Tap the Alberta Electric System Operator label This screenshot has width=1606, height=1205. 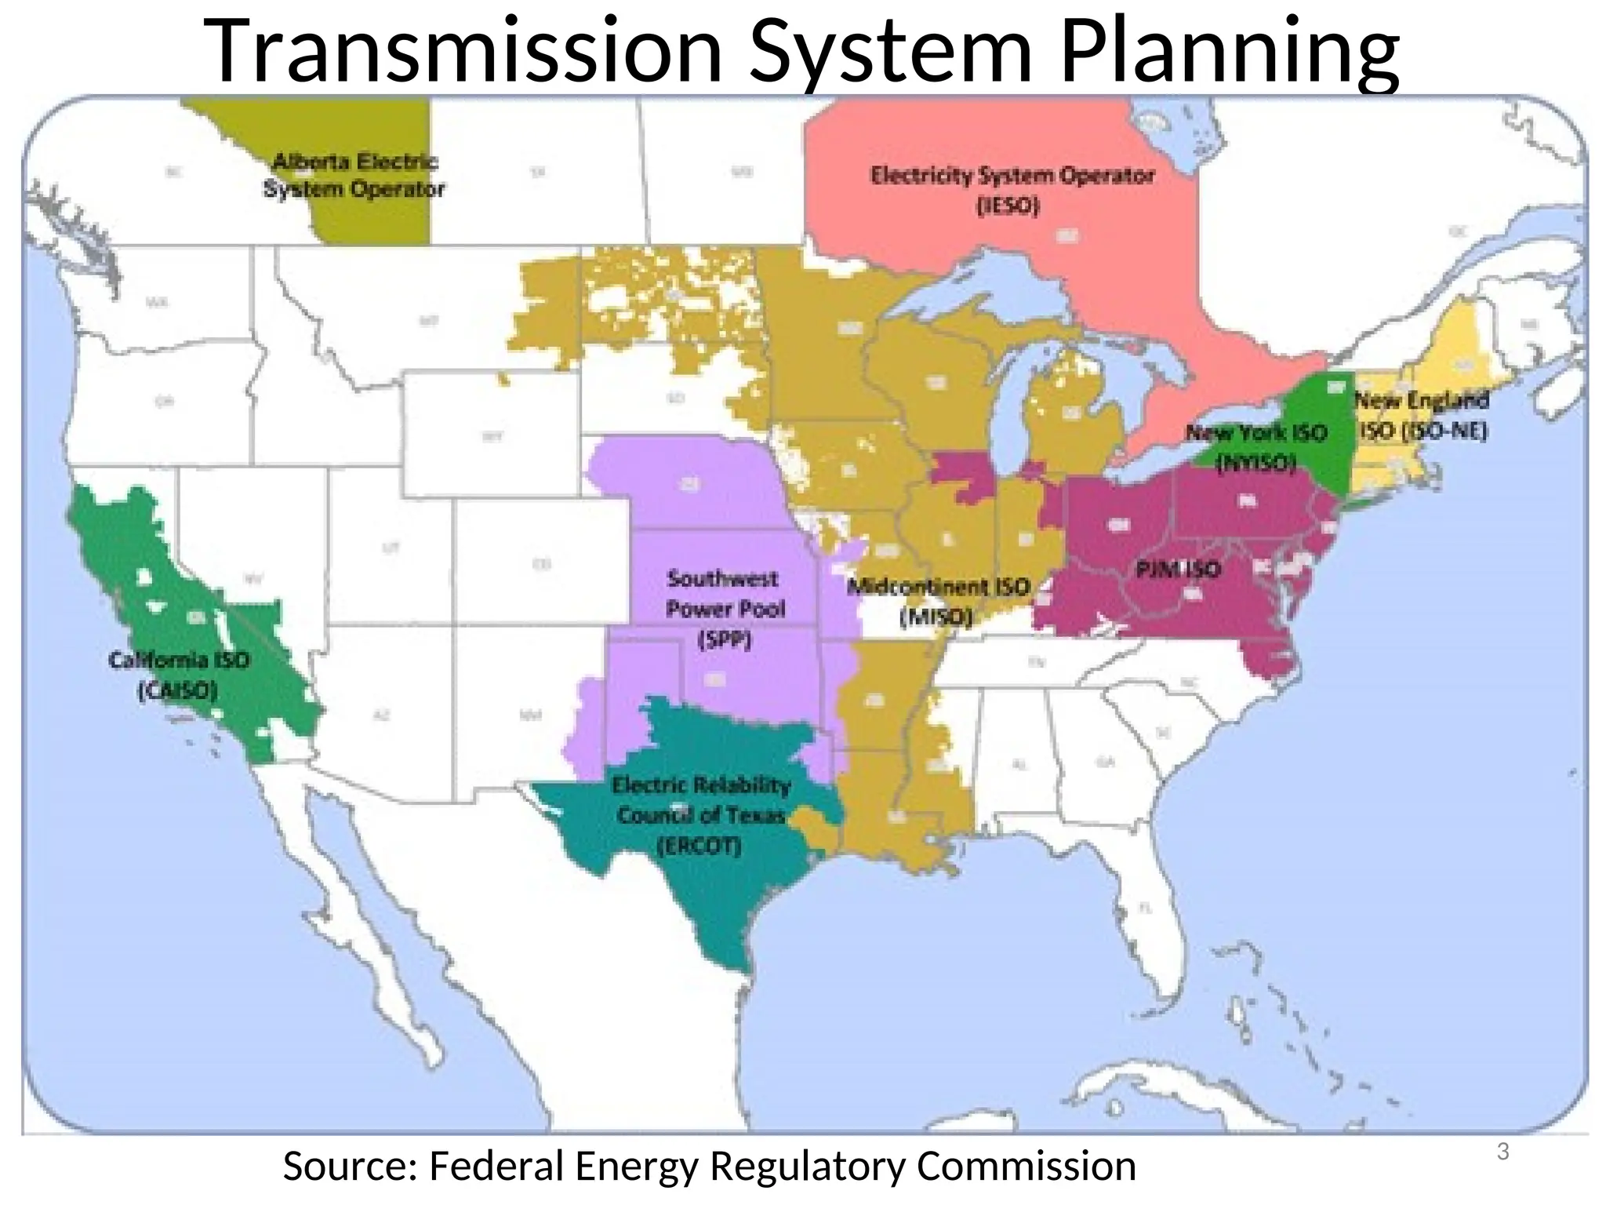(354, 176)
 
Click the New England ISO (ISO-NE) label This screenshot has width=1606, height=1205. (1422, 415)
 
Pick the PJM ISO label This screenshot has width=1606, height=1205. (1178, 569)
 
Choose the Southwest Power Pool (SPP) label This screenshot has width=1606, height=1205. (724, 610)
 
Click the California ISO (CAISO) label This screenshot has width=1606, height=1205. (179, 675)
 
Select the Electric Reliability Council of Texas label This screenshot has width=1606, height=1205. (700, 815)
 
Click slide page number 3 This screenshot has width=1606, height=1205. (1502, 1152)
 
